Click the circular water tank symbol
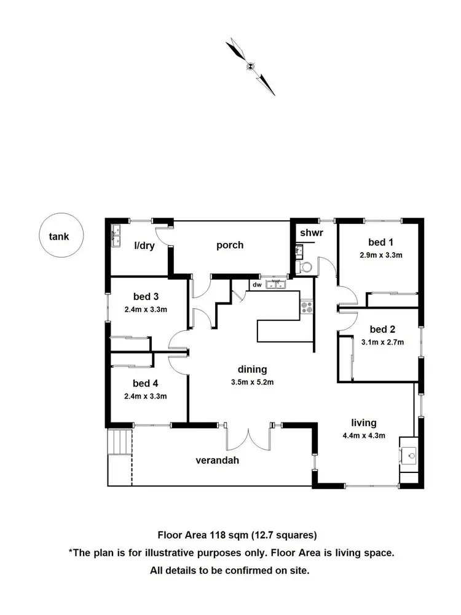(60, 236)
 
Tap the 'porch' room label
(230, 245)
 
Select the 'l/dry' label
(144, 246)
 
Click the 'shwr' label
(311, 233)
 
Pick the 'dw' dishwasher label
(256, 285)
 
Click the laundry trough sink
(116, 236)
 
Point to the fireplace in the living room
(410, 456)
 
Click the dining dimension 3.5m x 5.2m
(252, 382)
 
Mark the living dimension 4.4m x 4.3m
(364, 436)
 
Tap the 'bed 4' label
(146, 384)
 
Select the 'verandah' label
(218, 460)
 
